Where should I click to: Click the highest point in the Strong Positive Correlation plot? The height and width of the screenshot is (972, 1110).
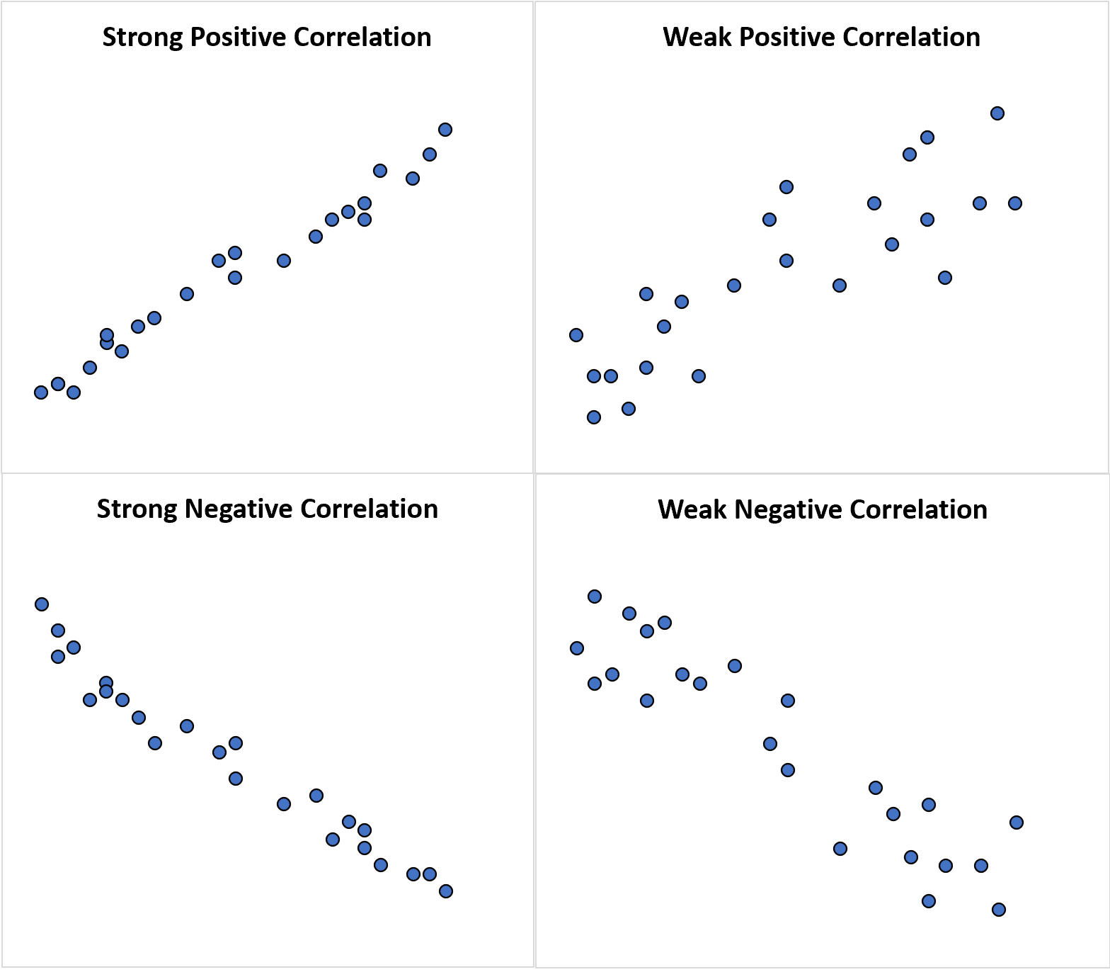[445, 130]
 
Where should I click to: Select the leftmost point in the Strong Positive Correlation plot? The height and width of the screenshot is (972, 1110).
[41, 392]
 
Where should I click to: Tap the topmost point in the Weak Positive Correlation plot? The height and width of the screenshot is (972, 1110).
[997, 113]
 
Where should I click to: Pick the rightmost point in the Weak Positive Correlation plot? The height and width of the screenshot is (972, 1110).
[1015, 203]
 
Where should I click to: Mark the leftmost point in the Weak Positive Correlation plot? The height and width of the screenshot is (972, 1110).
[576, 335]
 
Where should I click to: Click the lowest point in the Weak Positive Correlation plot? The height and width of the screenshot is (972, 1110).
[594, 417]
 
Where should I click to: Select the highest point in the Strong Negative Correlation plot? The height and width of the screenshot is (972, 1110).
[42, 604]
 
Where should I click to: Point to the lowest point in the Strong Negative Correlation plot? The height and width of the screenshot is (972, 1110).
[446, 891]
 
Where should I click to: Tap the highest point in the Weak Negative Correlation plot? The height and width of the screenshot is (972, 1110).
[595, 597]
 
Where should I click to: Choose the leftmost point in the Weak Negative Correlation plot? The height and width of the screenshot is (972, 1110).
[577, 648]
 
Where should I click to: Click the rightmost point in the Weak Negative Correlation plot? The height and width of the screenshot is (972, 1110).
[1017, 823]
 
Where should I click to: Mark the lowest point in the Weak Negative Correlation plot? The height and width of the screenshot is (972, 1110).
[999, 910]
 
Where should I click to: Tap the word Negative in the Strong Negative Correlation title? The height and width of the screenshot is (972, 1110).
[239, 509]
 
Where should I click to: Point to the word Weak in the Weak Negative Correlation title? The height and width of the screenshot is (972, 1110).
[692, 510]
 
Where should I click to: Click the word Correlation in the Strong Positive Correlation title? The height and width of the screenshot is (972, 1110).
[362, 38]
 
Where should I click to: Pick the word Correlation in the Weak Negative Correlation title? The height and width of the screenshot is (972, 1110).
[918, 510]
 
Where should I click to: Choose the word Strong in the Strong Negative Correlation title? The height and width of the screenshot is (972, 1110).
[137, 509]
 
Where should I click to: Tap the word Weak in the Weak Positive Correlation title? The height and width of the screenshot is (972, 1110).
[697, 38]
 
